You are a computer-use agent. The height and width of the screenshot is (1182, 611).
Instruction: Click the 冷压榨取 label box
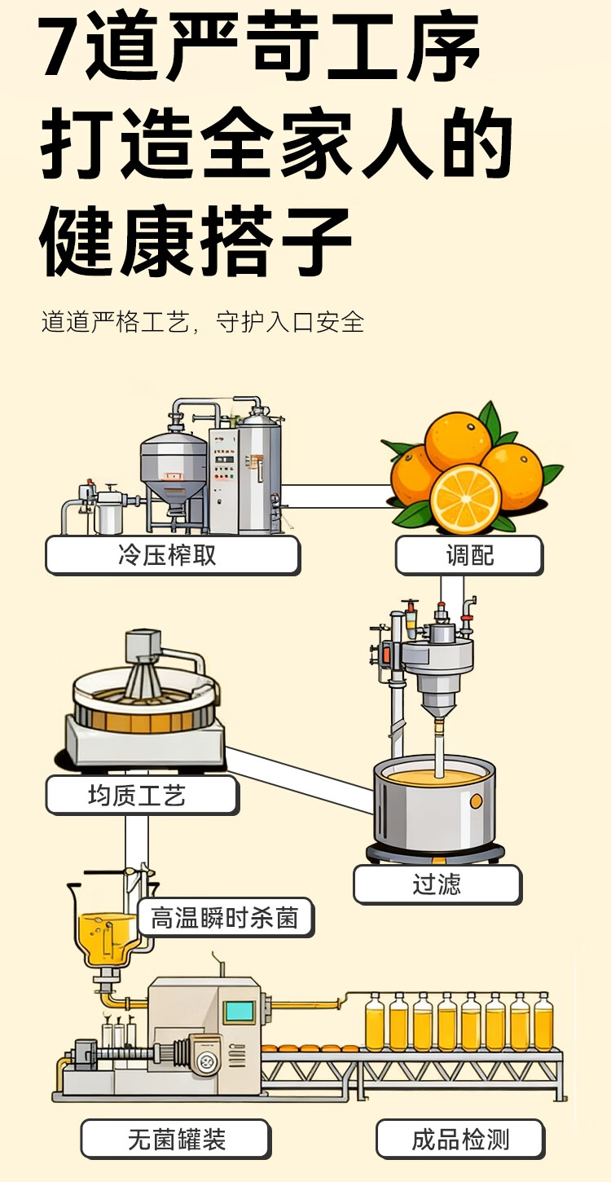[x=172, y=555]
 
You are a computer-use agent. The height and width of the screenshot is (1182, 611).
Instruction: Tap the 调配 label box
[x=469, y=555]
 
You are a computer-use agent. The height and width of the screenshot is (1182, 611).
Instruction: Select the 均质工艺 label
[x=142, y=795]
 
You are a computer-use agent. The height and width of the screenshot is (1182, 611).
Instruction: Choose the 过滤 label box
[x=437, y=884]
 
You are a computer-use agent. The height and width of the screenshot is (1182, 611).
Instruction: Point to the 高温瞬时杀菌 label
[x=225, y=919]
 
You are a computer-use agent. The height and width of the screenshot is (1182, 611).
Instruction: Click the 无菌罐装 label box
[x=175, y=1139]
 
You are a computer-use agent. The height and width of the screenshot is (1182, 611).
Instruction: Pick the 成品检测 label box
[x=459, y=1139]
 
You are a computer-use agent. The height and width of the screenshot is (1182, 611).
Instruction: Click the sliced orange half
[x=465, y=498]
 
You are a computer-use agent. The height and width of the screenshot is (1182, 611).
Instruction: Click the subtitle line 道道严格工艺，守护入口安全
[x=203, y=322]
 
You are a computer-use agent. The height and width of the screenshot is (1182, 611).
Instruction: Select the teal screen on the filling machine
[x=239, y=1012]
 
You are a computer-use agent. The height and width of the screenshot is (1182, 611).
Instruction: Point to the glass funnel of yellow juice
[x=108, y=929]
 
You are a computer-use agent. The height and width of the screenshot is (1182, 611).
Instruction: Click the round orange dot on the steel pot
[x=476, y=801]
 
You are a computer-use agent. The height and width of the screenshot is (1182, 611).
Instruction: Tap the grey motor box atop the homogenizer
[x=143, y=646]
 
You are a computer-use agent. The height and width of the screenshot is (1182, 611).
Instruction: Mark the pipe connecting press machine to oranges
[x=336, y=496]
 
